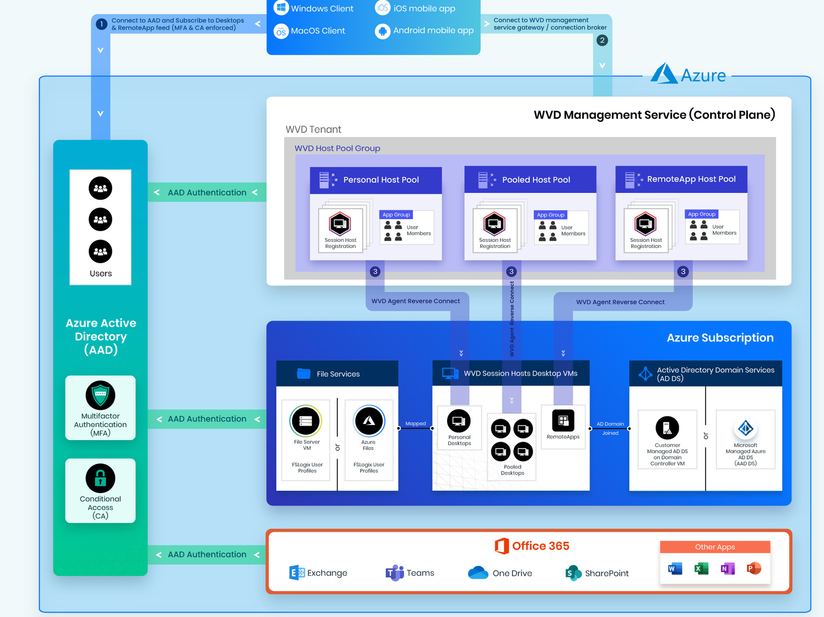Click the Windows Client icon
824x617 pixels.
coord(281,8)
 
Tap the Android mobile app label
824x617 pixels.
coord(433,30)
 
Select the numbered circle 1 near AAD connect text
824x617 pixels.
coord(101,24)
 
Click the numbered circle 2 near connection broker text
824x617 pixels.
coord(602,40)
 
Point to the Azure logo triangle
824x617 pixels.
coord(663,74)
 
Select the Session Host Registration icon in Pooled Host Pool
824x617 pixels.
coord(494,224)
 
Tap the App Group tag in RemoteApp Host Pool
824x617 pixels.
coord(701,214)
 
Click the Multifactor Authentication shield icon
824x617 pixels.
coord(100,395)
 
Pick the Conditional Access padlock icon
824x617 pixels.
coord(100,479)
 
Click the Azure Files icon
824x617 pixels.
coord(369,420)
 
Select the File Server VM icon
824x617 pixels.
coord(306,421)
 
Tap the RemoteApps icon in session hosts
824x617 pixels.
coord(563,420)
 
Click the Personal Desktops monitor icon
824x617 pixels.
coord(459,421)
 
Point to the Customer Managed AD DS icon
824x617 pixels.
coord(667,428)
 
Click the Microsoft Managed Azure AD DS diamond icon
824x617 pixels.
coord(745,428)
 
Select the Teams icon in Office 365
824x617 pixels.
coord(394,572)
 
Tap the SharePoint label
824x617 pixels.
coord(607,573)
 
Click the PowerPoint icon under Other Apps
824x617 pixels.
coord(753,569)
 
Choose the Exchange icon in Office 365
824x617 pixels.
coord(297,572)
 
